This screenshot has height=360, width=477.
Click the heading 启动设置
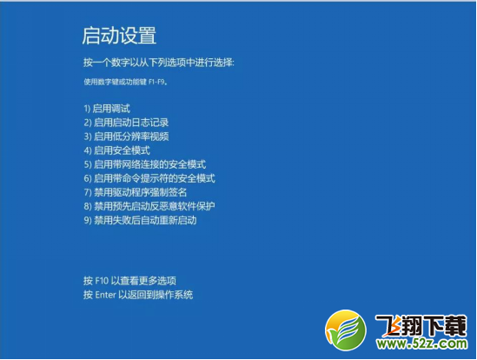(118, 36)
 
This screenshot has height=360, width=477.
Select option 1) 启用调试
(107, 109)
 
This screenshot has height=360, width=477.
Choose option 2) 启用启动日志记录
(126, 123)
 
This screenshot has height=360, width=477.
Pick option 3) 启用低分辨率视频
(126, 137)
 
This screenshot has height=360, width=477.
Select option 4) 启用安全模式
(116, 150)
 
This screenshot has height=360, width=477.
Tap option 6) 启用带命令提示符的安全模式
(149, 178)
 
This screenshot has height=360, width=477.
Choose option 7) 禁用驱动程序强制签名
(135, 192)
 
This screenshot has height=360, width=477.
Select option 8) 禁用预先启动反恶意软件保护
(149, 206)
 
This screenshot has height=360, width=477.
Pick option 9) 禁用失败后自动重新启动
(140, 220)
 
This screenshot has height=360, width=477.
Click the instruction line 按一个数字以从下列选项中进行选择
(159, 63)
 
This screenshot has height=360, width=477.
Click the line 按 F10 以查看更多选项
(129, 281)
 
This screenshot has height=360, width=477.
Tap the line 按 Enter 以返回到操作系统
(138, 295)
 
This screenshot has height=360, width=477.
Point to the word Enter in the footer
(107, 295)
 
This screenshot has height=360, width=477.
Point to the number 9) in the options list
(88, 220)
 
